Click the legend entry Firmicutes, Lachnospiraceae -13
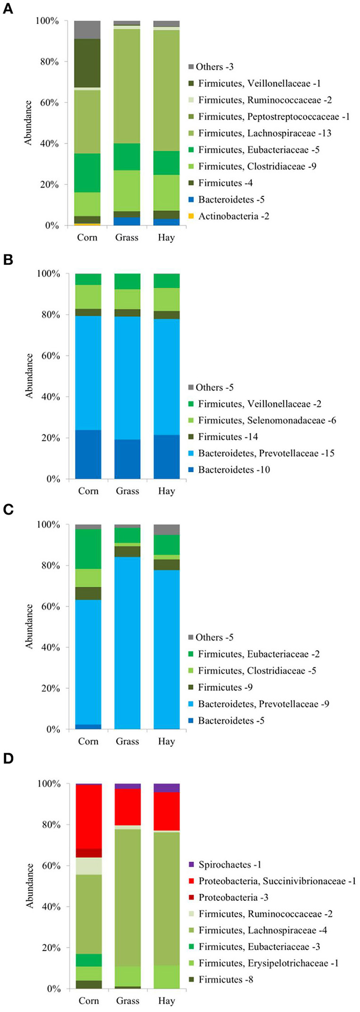tap(264, 133)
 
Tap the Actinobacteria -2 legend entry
tap(233, 216)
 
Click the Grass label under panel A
tap(127, 238)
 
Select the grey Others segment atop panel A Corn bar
tap(87, 30)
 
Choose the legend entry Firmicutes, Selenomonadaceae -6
tap(267, 420)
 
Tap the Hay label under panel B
tap(166, 491)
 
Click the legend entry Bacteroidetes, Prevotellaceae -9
tap(263, 704)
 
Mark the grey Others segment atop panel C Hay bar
tap(166, 529)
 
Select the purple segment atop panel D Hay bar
tap(166, 788)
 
